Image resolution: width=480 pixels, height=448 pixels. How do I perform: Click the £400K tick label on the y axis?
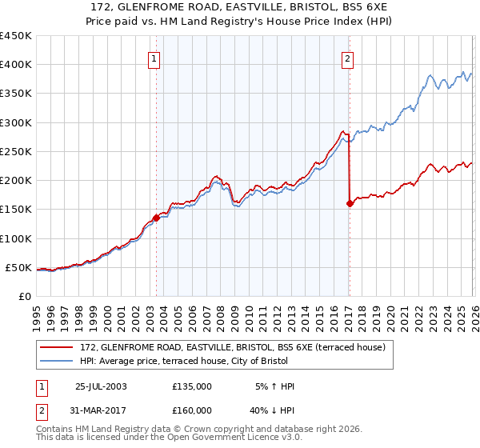tap(15, 65)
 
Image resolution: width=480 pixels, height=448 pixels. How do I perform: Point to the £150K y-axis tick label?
tap(15, 210)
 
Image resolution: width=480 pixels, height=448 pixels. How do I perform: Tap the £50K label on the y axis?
tap(18, 267)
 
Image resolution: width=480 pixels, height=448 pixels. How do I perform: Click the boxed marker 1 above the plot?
tap(153, 58)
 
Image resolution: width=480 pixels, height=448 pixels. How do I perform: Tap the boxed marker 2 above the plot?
tap(348, 58)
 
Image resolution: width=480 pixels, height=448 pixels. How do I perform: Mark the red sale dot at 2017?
tap(350, 204)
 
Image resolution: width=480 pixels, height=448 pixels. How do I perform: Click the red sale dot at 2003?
tap(156, 218)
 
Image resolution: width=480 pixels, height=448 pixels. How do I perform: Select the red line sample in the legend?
tap(58, 347)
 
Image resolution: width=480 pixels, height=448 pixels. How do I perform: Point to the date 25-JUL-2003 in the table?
tap(101, 386)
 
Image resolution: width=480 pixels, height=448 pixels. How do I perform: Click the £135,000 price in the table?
tap(192, 386)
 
